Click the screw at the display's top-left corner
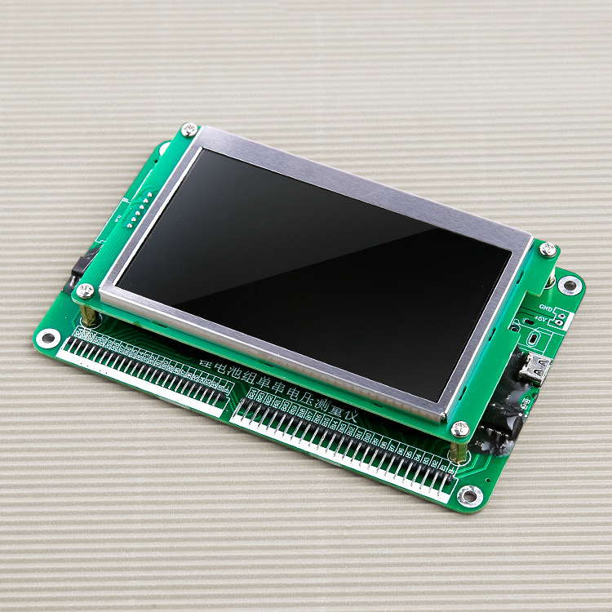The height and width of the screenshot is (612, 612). (x=189, y=129)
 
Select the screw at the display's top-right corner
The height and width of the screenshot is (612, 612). (x=548, y=249)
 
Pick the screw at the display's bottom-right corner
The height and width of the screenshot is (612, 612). (x=460, y=428)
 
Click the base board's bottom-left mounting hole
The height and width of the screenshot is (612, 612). (x=49, y=337)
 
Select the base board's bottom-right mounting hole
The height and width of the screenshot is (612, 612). (x=469, y=494)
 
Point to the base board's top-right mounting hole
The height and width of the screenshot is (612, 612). (x=570, y=285)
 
